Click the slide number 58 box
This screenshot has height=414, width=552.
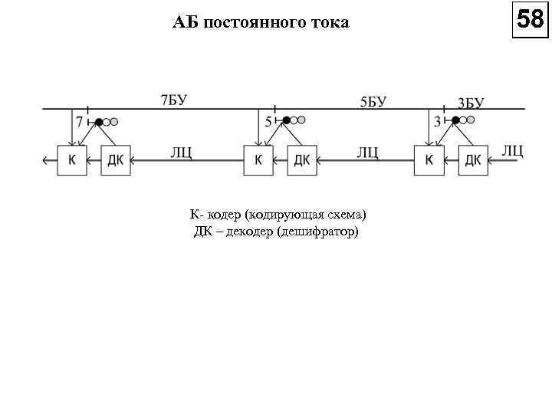(x=531, y=18)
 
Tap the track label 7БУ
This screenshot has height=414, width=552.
(x=174, y=100)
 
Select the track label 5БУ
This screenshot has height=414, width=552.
(x=373, y=102)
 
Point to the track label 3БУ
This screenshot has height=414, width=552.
(x=470, y=103)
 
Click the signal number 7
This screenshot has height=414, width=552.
(x=80, y=121)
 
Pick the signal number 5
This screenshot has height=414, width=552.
(x=268, y=121)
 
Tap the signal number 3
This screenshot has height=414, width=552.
(x=437, y=121)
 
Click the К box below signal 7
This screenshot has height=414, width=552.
(x=72, y=159)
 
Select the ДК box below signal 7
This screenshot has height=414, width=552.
(x=116, y=159)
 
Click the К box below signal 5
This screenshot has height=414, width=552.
(x=258, y=159)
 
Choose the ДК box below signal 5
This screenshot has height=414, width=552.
(x=302, y=159)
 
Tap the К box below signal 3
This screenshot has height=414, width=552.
(x=429, y=159)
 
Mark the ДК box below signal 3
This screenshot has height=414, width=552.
(x=473, y=159)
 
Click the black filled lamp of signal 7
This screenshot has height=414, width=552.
(x=99, y=120)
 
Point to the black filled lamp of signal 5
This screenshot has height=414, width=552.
(x=286, y=120)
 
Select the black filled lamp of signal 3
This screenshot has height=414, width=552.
(x=455, y=120)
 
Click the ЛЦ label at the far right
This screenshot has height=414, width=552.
(x=512, y=149)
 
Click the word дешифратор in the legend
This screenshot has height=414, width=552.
(x=317, y=230)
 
